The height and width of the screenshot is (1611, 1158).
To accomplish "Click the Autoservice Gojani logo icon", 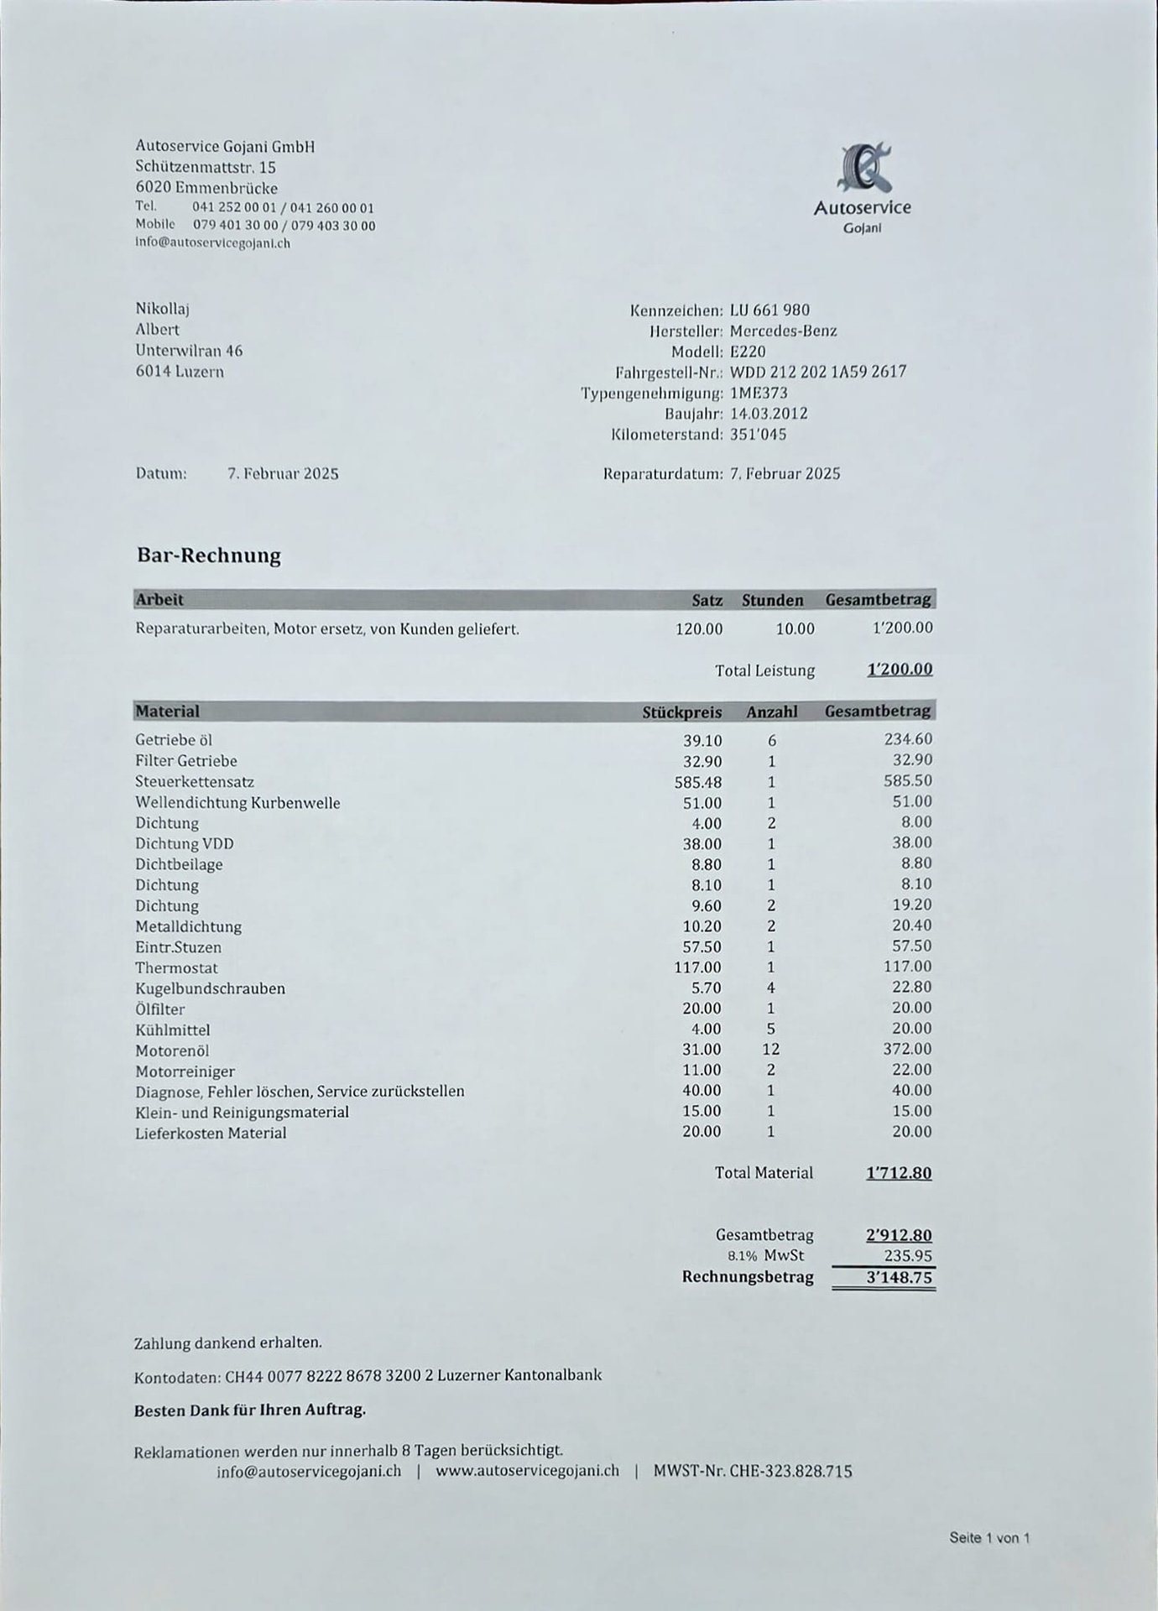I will pos(863,167).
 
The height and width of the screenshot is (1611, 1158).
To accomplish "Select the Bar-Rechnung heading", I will pos(209,555).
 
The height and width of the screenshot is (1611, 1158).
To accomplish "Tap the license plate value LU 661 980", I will pos(769,310).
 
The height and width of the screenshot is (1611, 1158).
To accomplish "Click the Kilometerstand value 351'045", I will pos(758,435).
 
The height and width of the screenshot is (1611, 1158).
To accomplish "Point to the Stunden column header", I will pos(772,601).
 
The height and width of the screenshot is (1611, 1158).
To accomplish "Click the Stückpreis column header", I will pos(681,712).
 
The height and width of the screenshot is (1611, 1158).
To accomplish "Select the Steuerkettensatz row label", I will pos(195,782).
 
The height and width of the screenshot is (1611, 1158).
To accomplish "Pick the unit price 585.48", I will pos(697,782).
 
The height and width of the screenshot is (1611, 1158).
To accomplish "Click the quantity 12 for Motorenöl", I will pos(770,1050).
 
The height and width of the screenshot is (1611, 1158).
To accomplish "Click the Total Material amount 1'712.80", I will pos(898,1173).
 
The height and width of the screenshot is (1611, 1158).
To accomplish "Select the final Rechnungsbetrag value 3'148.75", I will pos(899,1278).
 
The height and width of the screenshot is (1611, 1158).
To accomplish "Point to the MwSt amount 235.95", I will pos(908,1256).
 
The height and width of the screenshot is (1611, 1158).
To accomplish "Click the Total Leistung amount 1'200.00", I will pos(900,670).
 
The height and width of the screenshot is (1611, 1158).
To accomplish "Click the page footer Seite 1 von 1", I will pos(989,1538).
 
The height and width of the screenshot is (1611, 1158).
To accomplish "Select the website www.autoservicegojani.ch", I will pos(527,1472).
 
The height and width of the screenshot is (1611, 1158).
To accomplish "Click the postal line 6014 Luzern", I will pos(180,372).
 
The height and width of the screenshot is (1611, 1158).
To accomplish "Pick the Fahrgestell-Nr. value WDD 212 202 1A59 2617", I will pos(818,372).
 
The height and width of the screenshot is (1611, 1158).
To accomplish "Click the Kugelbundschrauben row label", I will pos(210,988).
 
